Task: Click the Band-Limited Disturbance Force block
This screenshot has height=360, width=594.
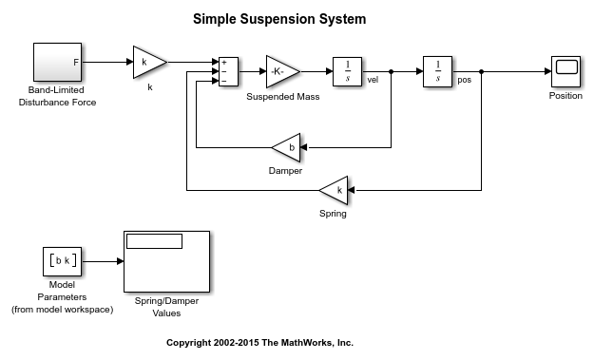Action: click(57, 62)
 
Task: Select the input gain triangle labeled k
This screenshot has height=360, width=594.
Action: click(149, 63)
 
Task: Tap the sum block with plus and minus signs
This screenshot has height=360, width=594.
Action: click(228, 71)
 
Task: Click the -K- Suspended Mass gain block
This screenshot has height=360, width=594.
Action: click(282, 71)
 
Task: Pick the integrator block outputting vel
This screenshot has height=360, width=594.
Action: click(348, 71)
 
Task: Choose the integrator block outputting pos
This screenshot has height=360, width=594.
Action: click(437, 71)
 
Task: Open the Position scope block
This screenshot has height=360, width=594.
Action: click(565, 71)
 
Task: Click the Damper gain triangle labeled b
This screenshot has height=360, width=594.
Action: click(286, 147)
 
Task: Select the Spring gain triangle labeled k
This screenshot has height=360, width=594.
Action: click(334, 190)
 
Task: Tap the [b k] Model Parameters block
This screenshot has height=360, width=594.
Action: click(62, 261)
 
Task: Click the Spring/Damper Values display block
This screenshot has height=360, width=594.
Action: click(166, 261)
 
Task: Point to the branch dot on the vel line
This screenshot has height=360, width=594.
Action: click(391, 71)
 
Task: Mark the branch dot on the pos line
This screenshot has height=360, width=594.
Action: click(481, 71)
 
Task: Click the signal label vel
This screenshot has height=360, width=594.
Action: click(373, 80)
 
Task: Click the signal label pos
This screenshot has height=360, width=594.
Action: click(465, 80)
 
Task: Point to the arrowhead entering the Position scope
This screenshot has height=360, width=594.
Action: click(547, 71)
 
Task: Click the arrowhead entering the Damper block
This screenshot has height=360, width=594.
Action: click(304, 147)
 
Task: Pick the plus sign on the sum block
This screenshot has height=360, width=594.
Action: click(224, 63)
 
